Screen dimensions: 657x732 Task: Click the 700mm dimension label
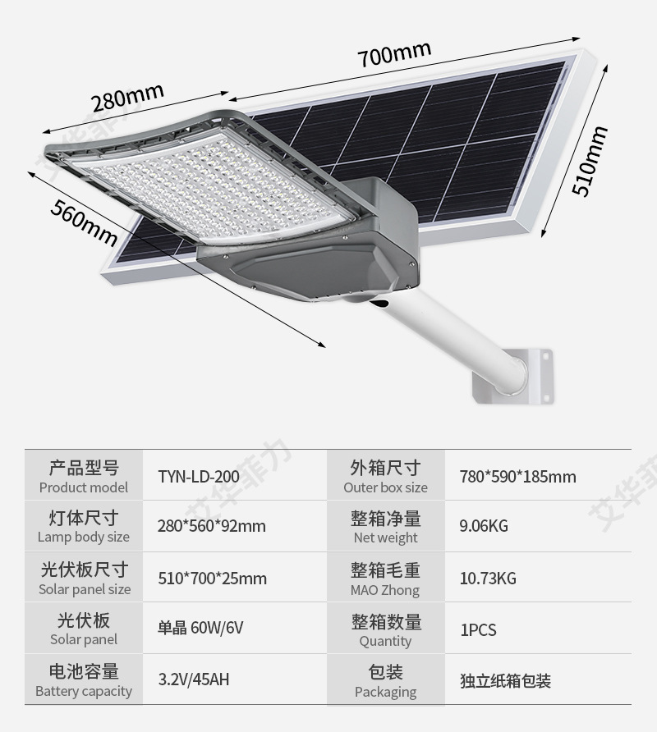point(393,55)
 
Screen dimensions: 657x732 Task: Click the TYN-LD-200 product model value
point(199,477)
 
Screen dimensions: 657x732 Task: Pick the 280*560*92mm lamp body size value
point(212,526)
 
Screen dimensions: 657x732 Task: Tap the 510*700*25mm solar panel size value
point(212,579)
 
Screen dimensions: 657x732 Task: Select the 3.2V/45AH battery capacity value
point(194,680)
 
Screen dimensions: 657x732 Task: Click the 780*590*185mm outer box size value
point(517,477)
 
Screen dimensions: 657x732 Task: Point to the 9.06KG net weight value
point(484,526)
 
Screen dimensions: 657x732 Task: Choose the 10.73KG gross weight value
point(488,579)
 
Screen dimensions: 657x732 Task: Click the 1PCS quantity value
point(478,630)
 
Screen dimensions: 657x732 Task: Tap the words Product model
point(84,487)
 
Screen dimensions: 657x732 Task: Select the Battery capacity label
point(84,691)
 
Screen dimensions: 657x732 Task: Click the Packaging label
point(385,692)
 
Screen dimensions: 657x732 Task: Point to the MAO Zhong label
point(385,590)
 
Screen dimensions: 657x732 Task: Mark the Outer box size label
point(385,487)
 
